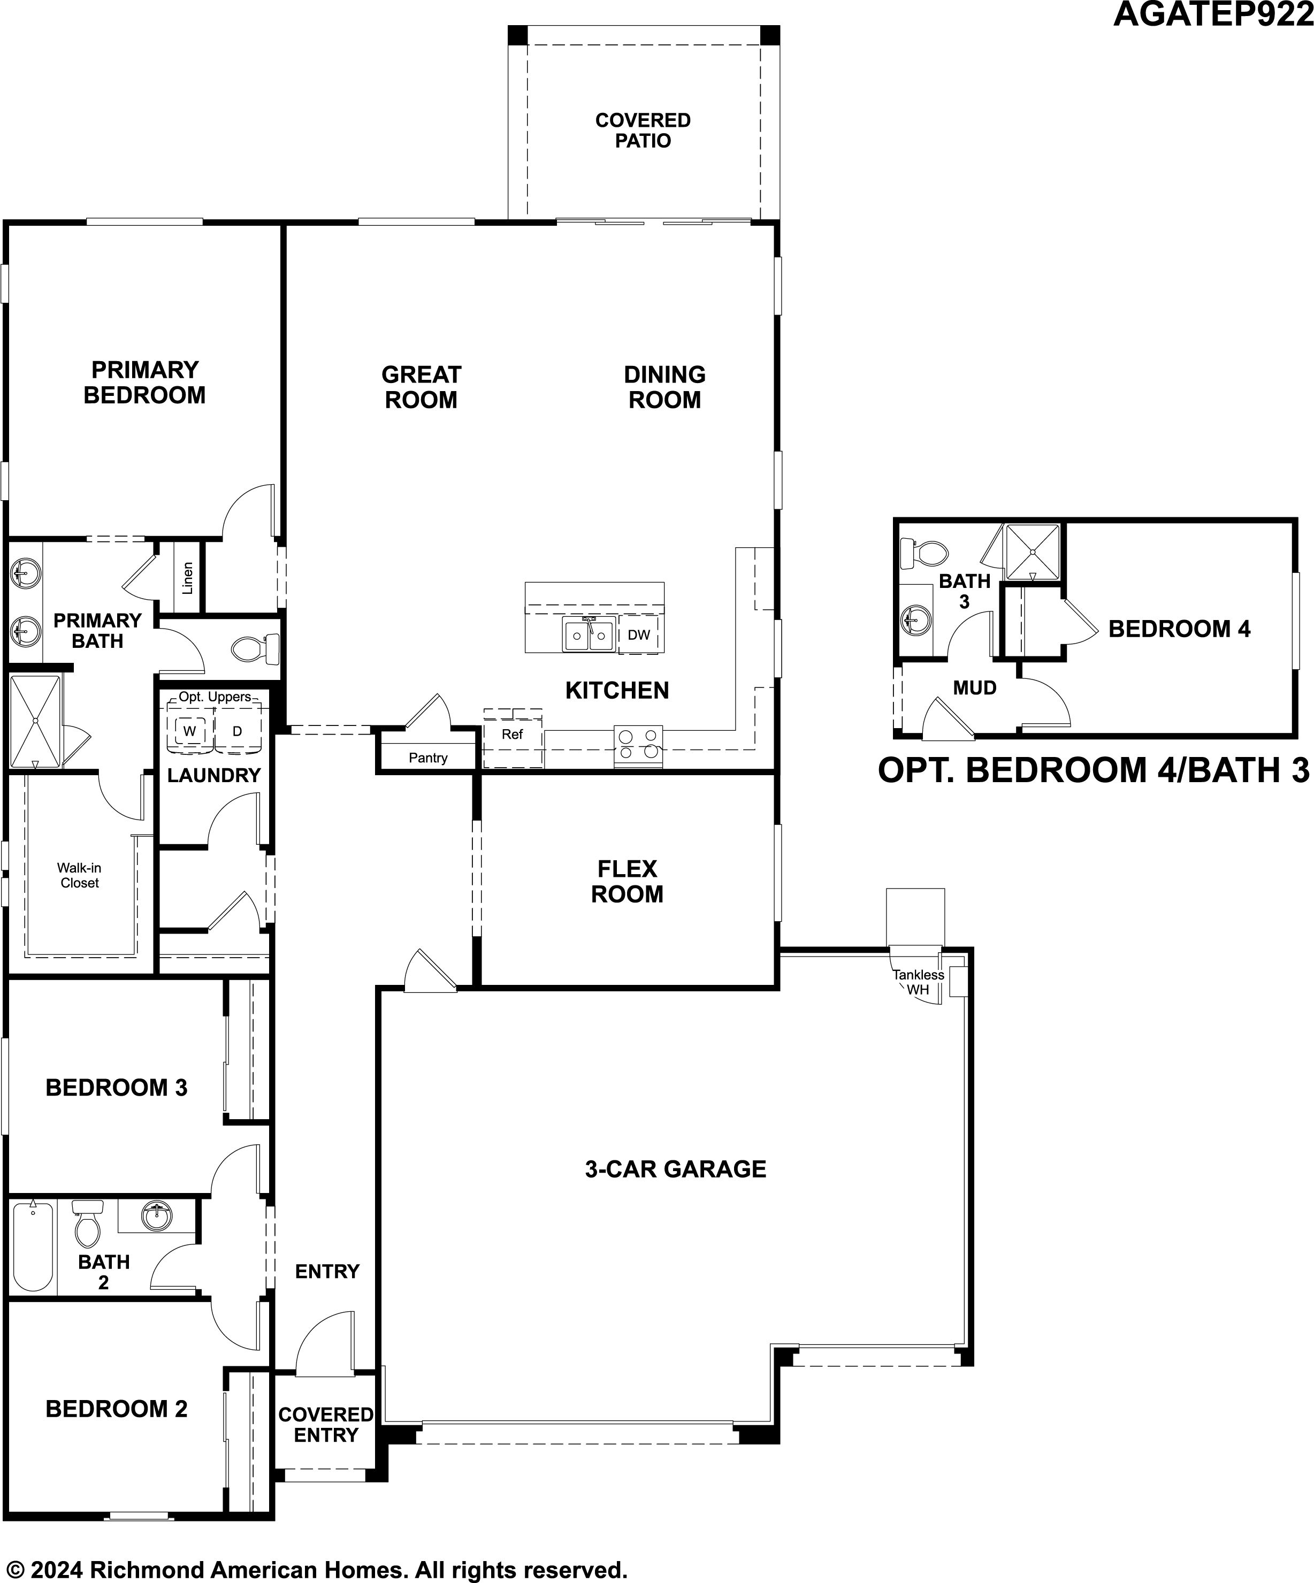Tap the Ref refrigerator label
coord(512,734)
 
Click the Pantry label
coord(428,758)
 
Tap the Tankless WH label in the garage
coord(918,982)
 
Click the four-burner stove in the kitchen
coord(638,746)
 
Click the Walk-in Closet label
coord(79,875)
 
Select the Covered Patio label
coord(643,131)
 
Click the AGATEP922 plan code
coord(1213,14)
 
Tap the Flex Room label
coord(627,881)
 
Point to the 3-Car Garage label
coord(676,1169)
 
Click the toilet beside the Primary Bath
coord(255,648)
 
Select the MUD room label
coord(975,687)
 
